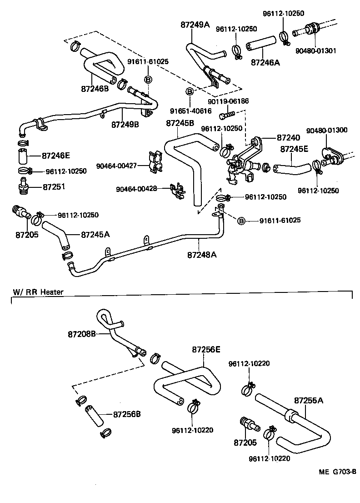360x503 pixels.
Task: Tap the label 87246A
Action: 265,63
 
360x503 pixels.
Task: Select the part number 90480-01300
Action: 326,130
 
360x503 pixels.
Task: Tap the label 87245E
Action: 294,148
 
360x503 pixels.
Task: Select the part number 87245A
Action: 95,235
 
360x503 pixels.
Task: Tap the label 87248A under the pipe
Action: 201,255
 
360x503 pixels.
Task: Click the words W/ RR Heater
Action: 38,292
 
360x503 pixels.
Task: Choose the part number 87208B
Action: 82,334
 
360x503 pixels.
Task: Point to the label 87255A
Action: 309,401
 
